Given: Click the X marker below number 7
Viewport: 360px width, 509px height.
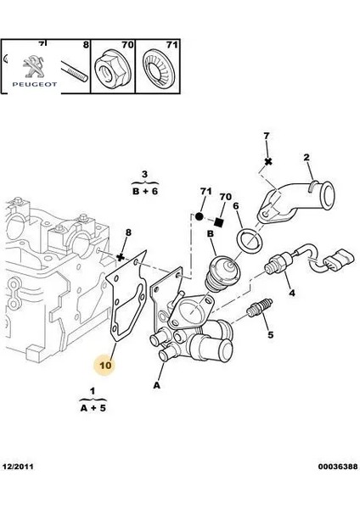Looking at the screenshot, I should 267,161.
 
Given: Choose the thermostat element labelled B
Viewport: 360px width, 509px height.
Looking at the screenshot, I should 223,269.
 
